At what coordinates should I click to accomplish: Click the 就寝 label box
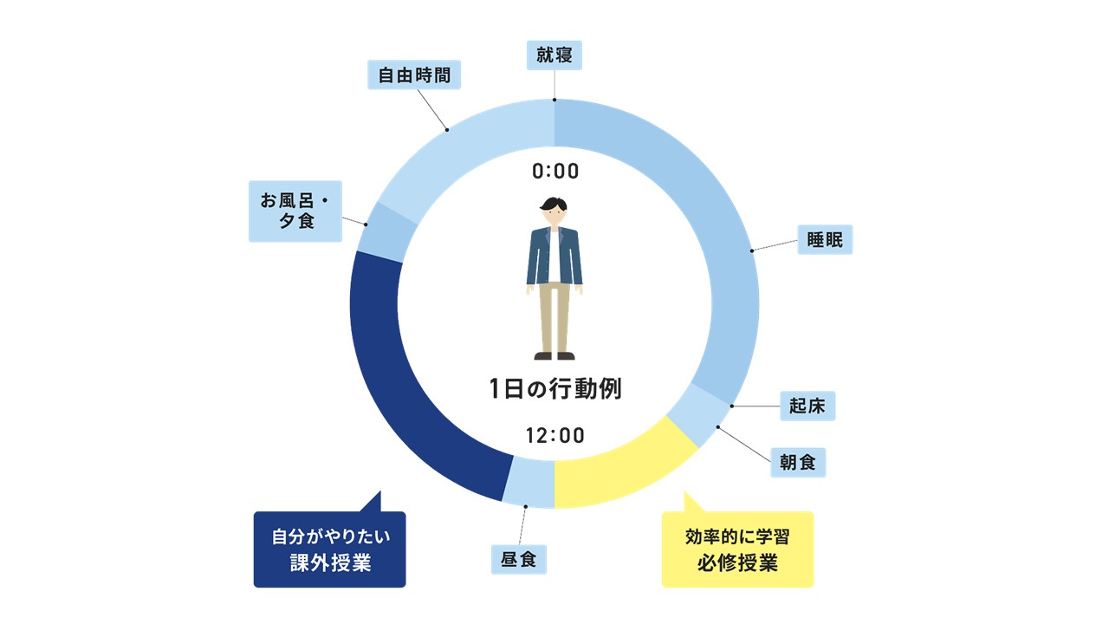[554, 56]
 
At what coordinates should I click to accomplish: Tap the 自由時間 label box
[415, 75]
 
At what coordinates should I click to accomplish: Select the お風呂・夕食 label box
[295, 211]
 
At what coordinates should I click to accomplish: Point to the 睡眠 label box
[825, 239]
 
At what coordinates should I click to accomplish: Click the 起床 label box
[807, 406]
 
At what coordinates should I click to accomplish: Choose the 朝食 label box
[797, 462]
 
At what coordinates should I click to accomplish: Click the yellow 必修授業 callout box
[737, 549]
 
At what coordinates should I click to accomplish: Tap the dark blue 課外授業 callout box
[329, 549]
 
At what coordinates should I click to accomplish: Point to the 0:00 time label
[555, 172]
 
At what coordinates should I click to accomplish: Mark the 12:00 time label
[555, 435]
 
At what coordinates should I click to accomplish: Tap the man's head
[554, 212]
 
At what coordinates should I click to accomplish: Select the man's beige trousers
[554, 316]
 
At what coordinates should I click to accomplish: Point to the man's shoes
[554, 355]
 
